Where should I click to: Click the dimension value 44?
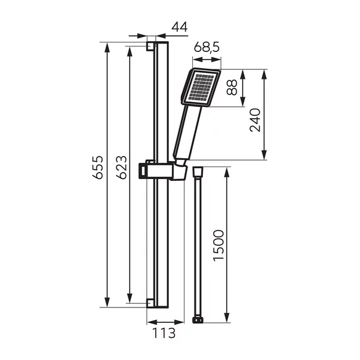[180, 27]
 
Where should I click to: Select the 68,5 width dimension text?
[207, 47]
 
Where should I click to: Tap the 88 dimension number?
[232, 87]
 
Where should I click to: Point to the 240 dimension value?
[255, 120]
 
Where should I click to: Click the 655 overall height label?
[97, 167]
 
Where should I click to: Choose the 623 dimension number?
[121, 167]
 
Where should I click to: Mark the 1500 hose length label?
[219, 245]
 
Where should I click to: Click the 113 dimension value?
[164, 333]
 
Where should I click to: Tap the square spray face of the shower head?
[201, 87]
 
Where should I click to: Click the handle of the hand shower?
[187, 133]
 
